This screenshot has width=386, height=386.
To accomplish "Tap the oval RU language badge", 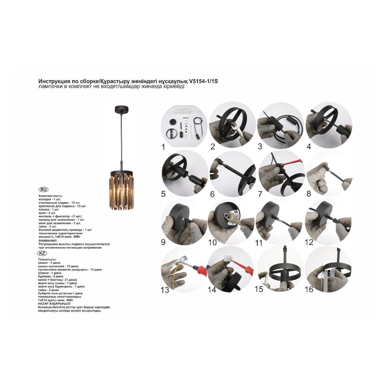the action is coord(43,189).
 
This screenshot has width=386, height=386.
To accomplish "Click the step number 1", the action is coord(163,147).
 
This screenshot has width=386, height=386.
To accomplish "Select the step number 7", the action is coord(260,194).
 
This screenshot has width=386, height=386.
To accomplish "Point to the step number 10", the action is coord(213,243).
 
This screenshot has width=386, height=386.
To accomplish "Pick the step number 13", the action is coord(165,290).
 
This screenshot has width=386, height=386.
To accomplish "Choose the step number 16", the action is coord(309,289).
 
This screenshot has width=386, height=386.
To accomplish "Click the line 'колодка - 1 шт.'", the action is coord(50,199).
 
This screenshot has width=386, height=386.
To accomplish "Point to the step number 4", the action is coord(309,147).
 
